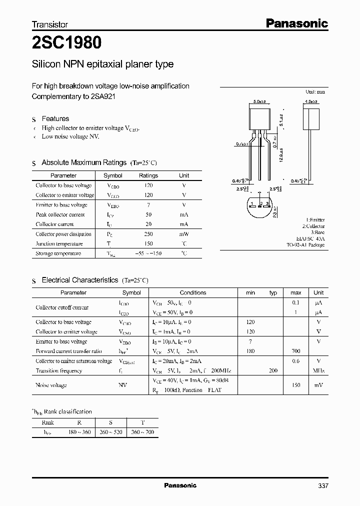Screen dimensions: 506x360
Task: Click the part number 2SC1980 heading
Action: click(66, 43)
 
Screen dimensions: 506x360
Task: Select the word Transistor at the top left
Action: click(49, 24)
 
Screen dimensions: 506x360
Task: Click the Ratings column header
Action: click(148, 175)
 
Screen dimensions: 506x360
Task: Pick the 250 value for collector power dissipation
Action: click(148, 234)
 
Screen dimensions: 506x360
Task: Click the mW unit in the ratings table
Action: click(184, 234)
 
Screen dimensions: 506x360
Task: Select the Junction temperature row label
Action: click(59, 243)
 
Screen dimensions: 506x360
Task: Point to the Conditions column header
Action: click(192, 292)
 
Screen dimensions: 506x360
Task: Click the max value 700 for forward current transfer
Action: click(295, 351)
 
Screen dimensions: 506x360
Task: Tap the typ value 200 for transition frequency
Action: click(273, 371)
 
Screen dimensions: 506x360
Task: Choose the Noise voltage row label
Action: click(51, 385)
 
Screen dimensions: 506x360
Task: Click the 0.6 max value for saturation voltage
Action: click(295, 361)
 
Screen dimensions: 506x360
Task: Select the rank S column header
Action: click(110, 422)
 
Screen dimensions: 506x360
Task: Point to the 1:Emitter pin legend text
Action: click(315, 219)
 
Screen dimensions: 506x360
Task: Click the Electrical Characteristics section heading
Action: click(80, 280)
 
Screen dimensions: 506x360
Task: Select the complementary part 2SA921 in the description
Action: click(103, 96)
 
